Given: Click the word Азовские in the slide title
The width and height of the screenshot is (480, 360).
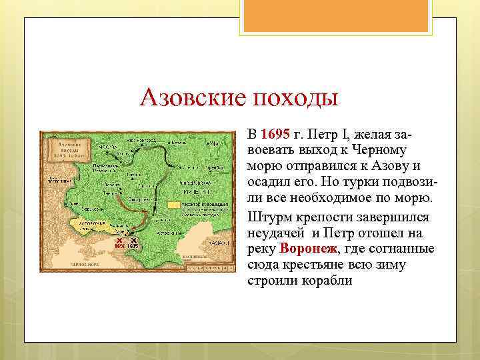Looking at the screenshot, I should click(190, 98).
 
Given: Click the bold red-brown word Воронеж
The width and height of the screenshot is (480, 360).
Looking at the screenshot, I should click(309, 249).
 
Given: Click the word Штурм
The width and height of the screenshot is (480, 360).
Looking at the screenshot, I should click(270, 217).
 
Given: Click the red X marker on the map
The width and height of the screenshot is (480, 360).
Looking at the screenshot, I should click(119, 240).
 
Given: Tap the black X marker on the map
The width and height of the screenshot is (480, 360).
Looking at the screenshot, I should click(133, 240).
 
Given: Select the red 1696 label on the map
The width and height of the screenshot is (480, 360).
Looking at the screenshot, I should click(119, 246).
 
